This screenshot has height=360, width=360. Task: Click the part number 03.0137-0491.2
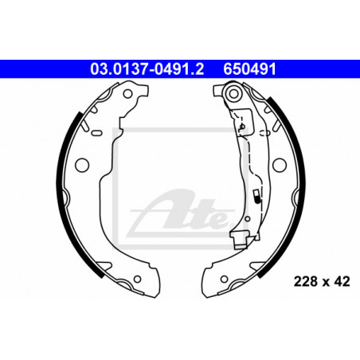pyautogui.click(x=147, y=69)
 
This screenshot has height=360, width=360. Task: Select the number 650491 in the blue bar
pyautogui.click(x=249, y=69)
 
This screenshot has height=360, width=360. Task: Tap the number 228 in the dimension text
pyautogui.click(x=306, y=281)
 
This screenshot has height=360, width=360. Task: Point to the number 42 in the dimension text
pyautogui.click(x=342, y=281)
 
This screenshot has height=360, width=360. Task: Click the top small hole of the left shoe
pyautogui.click(x=127, y=94)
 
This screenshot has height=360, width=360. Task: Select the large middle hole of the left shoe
pyautogui.click(x=82, y=165)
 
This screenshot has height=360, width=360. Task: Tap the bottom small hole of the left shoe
pyautogui.click(x=137, y=279)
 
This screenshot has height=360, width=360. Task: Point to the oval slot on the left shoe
pyautogui.click(x=96, y=133)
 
